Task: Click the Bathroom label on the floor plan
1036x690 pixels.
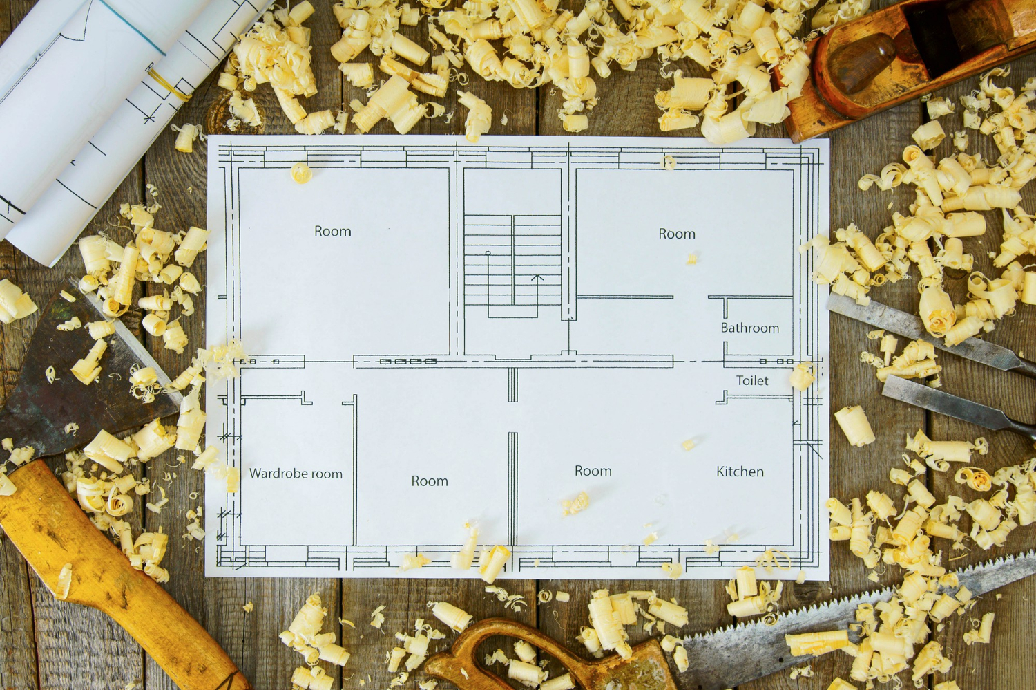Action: pyautogui.click(x=749, y=328)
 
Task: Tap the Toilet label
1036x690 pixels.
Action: pyautogui.click(x=752, y=381)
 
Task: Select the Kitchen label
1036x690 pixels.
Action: pyautogui.click(x=740, y=472)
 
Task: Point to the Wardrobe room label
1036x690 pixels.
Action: pyautogui.click(x=296, y=474)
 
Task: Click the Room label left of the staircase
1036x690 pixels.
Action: pyautogui.click(x=332, y=231)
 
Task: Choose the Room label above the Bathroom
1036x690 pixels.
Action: pyautogui.click(x=677, y=234)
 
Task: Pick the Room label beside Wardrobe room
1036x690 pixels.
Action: pyautogui.click(x=430, y=481)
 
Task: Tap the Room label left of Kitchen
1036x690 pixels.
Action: pyautogui.click(x=593, y=471)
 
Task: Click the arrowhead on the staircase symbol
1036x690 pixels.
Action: pyautogui.click(x=537, y=278)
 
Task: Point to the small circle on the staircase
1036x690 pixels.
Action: pyautogui.click(x=488, y=253)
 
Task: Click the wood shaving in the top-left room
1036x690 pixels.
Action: pyautogui.click(x=300, y=173)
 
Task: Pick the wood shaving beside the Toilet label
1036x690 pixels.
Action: pyautogui.click(x=802, y=375)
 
